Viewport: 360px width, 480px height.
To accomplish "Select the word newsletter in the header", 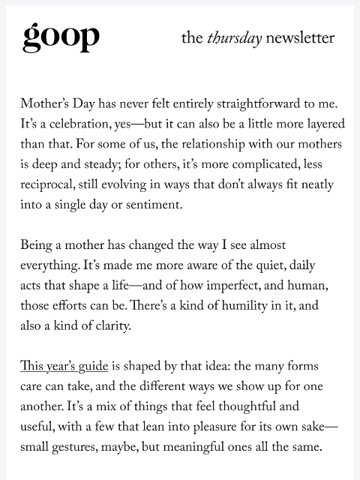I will pyautogui.click(x=300, y=37).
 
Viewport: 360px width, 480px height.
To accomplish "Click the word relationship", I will pyautogui.click(x=206, y=143).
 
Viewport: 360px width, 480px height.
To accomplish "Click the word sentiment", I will pyautogui.click(x=166, y=205).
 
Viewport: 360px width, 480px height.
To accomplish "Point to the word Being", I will pyautogui.click(x=37, y=245).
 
